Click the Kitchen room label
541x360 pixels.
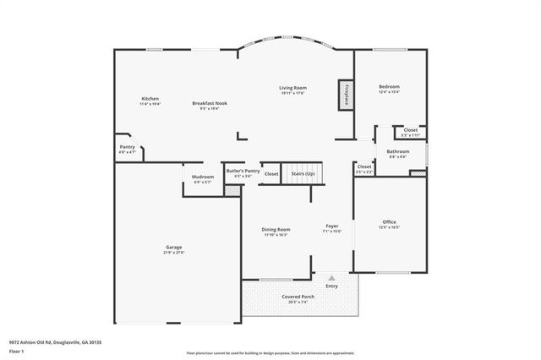point(150,98)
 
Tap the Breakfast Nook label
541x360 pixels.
point(209,103)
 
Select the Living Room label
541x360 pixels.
point(293,87)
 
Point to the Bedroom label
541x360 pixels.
point(389,86)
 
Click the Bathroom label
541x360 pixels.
point(397,151)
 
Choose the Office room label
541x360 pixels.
point(389,221)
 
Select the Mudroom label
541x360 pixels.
point(203,177)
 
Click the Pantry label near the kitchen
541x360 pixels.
point(127,147)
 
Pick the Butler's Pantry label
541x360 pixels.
point(243,171)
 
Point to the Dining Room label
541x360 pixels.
point(276,229)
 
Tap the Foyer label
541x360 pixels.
point(332,226)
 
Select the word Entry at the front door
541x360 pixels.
point(331,286)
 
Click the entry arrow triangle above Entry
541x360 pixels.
point(331,275)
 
